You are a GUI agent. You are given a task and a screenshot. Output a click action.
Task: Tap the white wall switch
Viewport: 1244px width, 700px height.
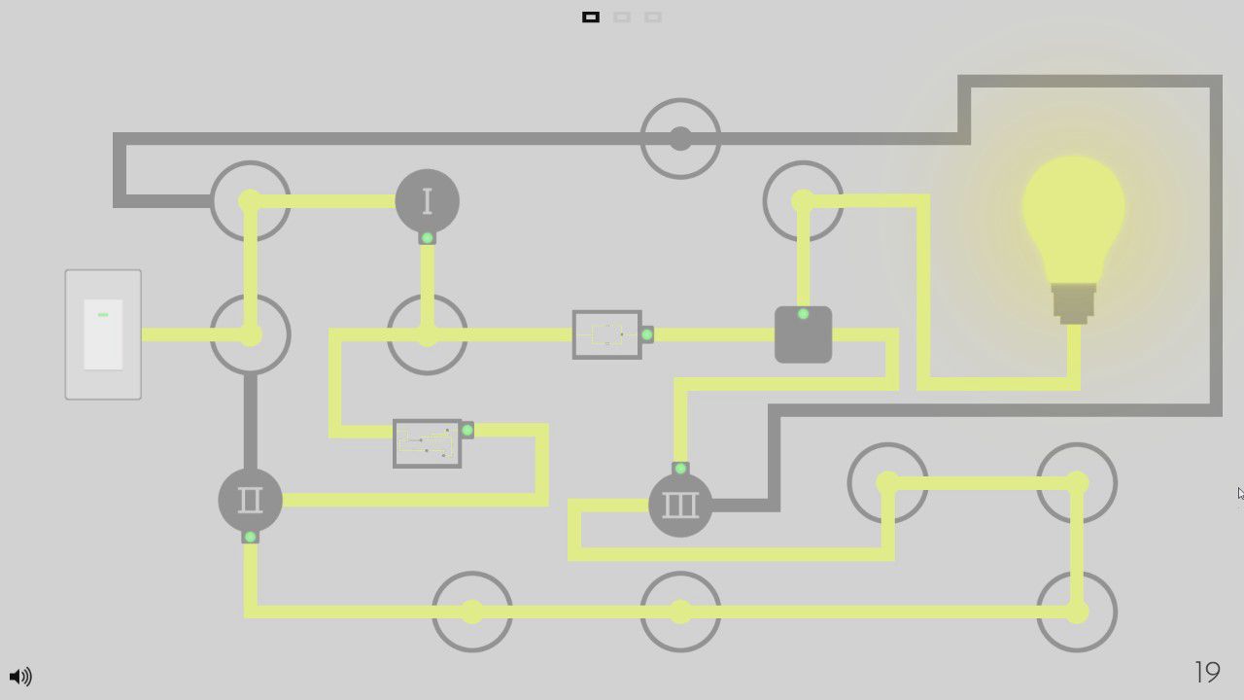tap(103, 334)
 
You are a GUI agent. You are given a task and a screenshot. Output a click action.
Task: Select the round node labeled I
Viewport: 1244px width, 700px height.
tap(427, 201)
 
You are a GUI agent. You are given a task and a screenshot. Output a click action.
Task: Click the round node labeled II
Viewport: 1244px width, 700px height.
tap(250, 500)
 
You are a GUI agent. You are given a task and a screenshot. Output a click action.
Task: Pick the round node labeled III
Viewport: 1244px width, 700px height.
tap(680, 505)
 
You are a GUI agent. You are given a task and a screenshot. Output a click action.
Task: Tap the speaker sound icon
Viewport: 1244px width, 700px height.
tap(19, 676)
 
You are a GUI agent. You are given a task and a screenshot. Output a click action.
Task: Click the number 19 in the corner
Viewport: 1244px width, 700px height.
tap(1207, 672)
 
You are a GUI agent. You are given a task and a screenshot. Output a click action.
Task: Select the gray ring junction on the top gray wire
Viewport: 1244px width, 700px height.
tap(680, 138)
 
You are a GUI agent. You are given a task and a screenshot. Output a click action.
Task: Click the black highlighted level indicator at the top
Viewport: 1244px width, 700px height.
tap(591, 17)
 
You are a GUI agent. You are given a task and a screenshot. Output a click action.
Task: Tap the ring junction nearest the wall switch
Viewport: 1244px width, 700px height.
tap(250, 334)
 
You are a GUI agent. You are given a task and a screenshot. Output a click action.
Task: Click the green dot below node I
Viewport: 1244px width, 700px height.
tap(427, 238)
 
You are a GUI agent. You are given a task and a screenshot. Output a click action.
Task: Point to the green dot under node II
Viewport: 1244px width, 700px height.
tap(250, 537)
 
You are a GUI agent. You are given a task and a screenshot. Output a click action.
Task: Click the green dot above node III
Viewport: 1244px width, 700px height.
tap(680, 469)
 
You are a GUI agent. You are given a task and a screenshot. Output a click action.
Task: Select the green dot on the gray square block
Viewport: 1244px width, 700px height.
tap(803, 314)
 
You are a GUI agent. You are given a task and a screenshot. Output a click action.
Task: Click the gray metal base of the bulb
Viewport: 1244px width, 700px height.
tap(1073, 302)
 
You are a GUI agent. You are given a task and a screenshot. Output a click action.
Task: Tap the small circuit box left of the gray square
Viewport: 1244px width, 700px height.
tap(606, 334)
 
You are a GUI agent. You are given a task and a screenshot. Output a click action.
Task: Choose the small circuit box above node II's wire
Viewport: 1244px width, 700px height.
tap(427, 443)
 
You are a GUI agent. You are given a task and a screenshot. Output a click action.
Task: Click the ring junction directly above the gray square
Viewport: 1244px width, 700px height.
tap(803, 201)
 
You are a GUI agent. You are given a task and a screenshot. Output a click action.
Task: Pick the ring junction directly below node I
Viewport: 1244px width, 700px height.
tap(427, 334)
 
